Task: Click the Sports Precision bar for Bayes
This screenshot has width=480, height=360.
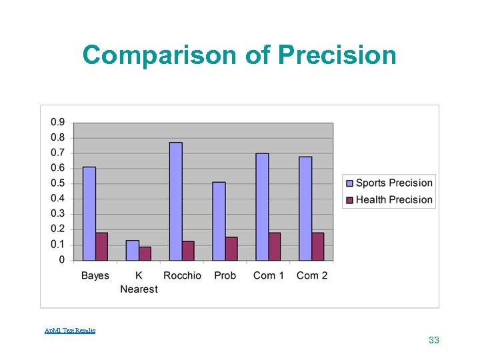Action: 89,213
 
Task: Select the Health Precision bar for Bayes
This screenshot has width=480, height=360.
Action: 101,247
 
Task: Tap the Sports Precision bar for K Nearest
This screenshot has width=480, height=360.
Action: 132,250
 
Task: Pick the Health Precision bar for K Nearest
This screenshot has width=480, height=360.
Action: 145,253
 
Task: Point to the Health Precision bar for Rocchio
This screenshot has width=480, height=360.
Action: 188,251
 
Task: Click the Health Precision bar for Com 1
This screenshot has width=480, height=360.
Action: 274,247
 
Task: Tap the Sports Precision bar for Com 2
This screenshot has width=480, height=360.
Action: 305,209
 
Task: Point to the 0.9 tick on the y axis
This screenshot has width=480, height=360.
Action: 57,122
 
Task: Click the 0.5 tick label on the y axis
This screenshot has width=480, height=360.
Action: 57,183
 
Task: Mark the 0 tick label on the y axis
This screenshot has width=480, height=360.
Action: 61,260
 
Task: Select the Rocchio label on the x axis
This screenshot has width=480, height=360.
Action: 182,275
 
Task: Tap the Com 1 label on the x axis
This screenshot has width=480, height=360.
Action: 269,275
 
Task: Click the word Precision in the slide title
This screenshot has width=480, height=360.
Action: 337,55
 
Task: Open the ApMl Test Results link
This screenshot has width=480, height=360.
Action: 70,331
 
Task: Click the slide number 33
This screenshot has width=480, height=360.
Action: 434,340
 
